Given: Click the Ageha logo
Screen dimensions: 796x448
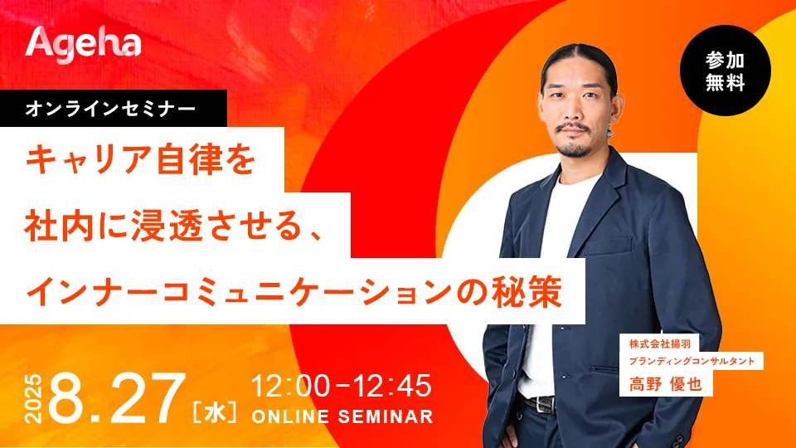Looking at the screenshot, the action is point(83,45).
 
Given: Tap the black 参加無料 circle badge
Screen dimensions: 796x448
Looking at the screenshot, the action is point(725,71).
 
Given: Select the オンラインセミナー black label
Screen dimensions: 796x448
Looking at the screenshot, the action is point(114,108).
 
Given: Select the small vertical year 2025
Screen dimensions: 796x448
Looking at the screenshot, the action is point(33,399).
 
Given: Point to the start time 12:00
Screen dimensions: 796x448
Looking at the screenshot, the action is point(290,386).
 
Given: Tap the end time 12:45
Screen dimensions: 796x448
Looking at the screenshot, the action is point(392,386).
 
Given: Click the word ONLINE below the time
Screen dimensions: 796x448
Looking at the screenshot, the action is point(290,416).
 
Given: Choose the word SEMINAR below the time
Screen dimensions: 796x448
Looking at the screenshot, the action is point(386,416).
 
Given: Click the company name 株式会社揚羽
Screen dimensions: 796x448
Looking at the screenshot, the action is point(660,343).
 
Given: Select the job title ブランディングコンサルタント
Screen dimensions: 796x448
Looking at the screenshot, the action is point(692,361).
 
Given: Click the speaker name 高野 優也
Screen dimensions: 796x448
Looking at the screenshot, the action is point(666,384).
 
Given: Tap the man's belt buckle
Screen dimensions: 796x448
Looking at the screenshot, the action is point(544,404).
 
